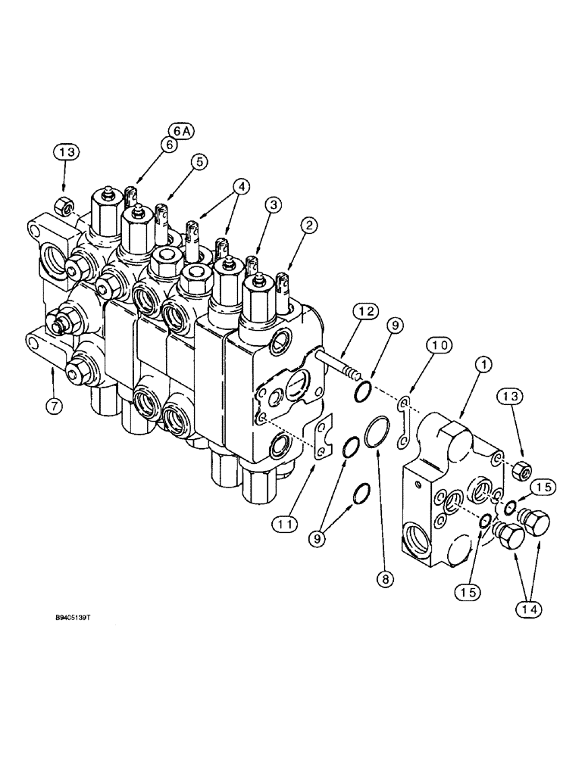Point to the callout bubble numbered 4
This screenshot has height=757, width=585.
(x=240, y=185)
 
